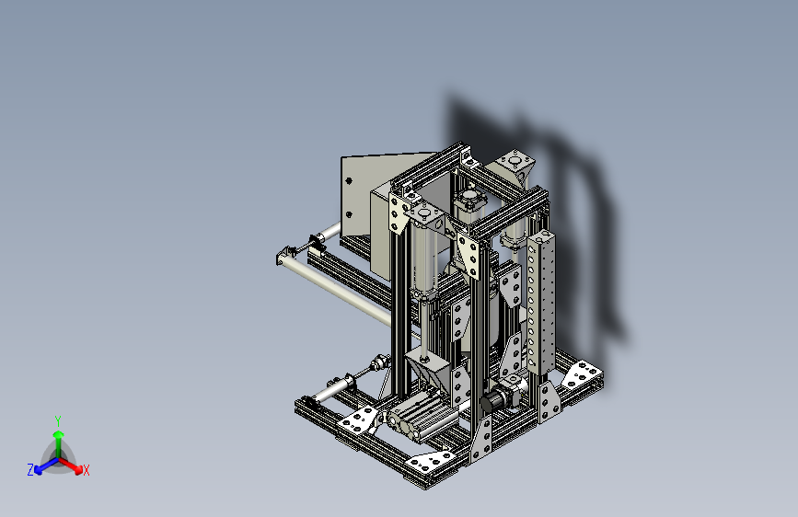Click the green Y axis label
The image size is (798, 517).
(x=58, y=420)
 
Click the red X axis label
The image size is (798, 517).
(x=86, y=470)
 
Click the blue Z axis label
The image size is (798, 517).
(x=30, y=470)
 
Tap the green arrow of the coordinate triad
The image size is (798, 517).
(x=59, y=442)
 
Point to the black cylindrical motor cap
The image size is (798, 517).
(x=490, y=402)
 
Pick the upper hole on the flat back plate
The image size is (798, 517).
(x=349, y=180)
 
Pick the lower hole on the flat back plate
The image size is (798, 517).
(x=349, y=214)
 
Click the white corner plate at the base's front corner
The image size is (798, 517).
(x=431, y=461)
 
